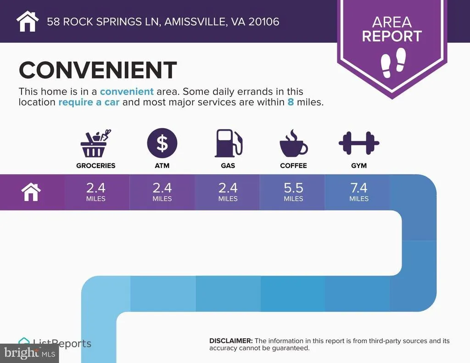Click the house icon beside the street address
coord(28,21)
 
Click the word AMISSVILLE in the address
coord(195,22)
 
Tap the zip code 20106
coord(264,22)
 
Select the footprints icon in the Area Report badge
coord(393,63)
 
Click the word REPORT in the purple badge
coord(392,36)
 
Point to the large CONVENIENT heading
coord(98,70)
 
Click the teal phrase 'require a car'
coord(89,102)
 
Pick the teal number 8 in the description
coord(291,102)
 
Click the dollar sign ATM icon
coord(162,143)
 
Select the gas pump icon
coord(229,143)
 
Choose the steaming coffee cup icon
coord(293,143)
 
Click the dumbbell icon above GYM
coord(359,143)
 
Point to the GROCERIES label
coord(95,166)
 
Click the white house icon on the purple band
coord(31,192)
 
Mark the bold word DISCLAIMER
coord(231,341)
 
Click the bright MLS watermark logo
coord(29,353)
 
